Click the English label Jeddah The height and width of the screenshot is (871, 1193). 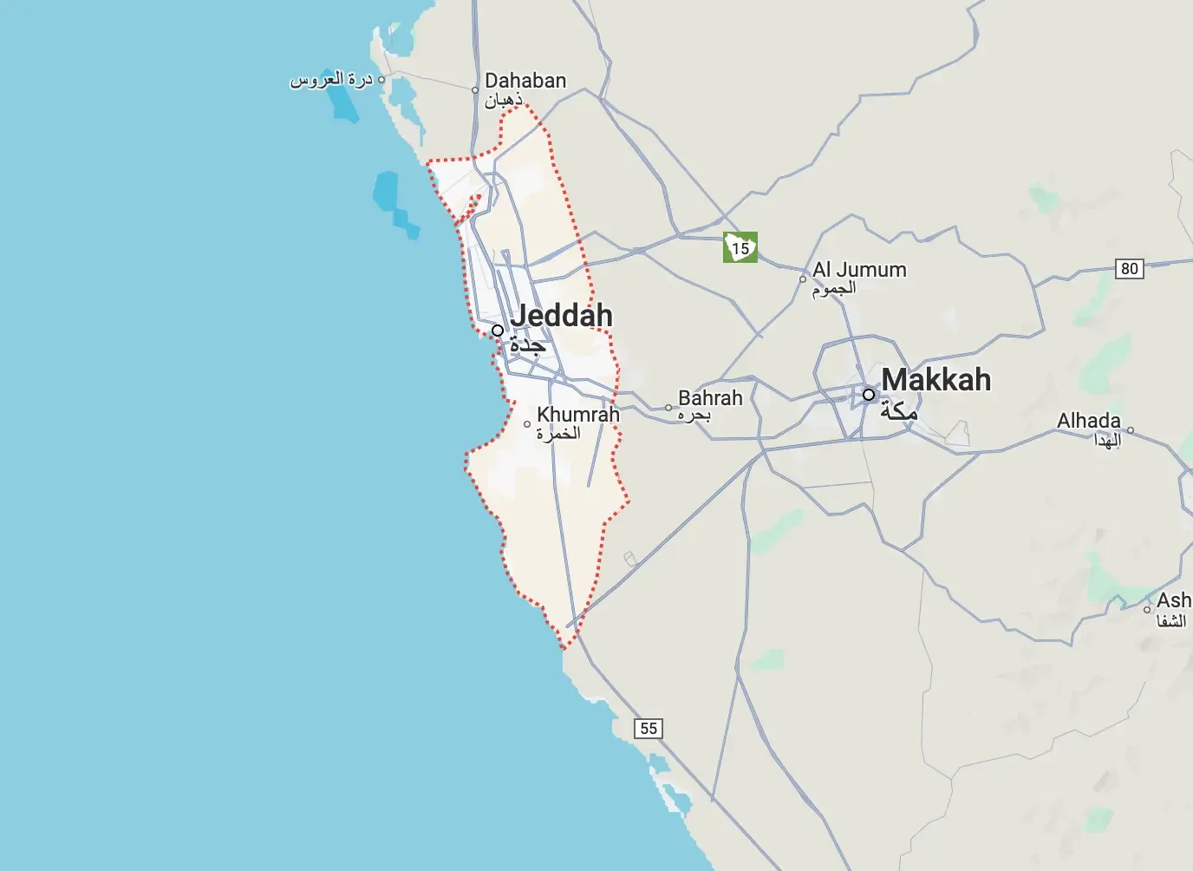[x=561, y=315]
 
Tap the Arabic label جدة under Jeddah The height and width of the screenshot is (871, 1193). [x=527, y=345]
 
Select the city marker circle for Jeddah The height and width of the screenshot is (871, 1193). [x=498, y=331]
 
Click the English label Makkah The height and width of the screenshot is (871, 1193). [x=935, y=380]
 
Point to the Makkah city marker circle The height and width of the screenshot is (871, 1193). [x=869, y=395]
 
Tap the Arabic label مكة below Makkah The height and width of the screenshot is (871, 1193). [x=898, y=411]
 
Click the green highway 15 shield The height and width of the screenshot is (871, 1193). [x=740, y=247]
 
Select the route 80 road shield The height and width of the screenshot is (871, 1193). [x=1129, y=269]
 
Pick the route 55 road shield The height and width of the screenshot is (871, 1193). [x=649, y=729]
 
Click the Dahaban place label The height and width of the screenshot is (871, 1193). [x=525, y=81]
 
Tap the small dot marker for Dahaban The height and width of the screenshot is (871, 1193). [x=475, y=90]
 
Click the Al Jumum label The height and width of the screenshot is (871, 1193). [x=859, y=270]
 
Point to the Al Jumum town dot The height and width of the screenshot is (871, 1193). [x=803, y=279]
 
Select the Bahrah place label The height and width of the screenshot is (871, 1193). [x=710, y=398]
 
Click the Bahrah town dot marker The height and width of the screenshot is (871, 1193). [x=668, y=408]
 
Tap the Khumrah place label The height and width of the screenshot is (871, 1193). [x=578, y=415]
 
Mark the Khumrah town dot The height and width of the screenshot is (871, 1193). [x=527, y=424]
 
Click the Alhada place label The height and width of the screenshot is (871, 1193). [x=1088, y=421]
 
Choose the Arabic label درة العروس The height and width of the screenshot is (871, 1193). [x=331, y=80]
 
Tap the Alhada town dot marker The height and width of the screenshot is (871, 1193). [x=1131, y=430]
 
